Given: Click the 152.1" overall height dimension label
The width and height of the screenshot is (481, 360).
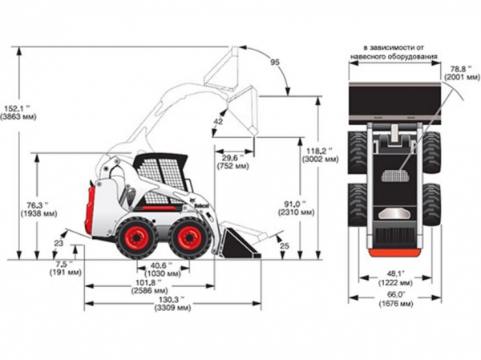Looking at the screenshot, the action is click(x=18, y=112).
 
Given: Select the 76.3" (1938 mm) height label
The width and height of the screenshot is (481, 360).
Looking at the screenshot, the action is click(x=38, y=209).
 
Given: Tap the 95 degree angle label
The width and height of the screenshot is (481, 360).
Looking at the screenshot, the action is click(x=275, y=63).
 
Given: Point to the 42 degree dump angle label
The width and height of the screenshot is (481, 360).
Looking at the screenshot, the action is click(x=218, y=122).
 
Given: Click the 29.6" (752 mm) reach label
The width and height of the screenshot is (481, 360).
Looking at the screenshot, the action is click(x=232, y=162).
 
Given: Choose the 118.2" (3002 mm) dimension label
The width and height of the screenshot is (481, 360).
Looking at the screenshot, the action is click(x=321, y=155).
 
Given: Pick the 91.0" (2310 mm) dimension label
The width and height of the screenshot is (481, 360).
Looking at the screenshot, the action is click(x=297, y=208).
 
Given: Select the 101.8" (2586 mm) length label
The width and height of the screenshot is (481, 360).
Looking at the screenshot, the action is click(x=149, y=286).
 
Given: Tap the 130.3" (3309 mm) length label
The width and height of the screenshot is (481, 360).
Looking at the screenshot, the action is click(x=172, y=303).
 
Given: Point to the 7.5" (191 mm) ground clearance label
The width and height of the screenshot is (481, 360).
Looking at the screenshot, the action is click(x=66, y=268).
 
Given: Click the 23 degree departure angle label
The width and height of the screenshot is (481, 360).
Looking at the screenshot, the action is click(x=59, y=244).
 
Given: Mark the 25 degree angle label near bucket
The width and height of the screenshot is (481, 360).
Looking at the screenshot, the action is click(x=285, y=245).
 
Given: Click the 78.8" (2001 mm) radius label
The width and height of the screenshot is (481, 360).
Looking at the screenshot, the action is click(x=462, y=73).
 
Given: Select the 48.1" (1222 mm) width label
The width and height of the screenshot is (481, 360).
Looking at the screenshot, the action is click(x=395, y=278).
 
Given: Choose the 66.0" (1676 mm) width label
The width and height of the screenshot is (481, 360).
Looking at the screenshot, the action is click(x=395, y=299).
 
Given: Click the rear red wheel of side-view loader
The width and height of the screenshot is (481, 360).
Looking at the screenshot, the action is click(x=137, y=238).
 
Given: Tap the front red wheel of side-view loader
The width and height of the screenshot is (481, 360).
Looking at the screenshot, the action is click(x=190, y=238).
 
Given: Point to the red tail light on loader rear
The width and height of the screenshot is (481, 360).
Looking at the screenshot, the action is click(x=89, y=209).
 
